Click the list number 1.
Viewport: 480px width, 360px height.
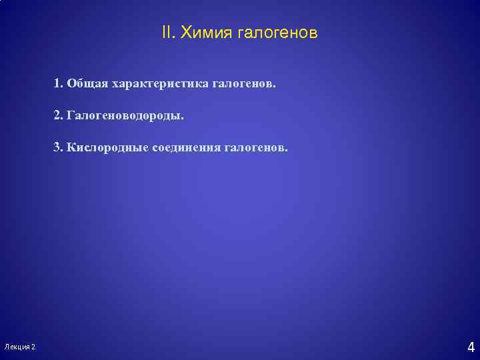58,85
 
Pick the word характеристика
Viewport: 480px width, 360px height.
161,85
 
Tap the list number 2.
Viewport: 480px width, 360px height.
58,116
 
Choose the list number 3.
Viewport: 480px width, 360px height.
58,147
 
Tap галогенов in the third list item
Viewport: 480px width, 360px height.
257,147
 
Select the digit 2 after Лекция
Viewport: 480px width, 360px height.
34,347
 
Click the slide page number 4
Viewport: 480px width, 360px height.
471,347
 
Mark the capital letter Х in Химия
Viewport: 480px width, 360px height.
187,32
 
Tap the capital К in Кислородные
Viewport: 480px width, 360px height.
71,147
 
